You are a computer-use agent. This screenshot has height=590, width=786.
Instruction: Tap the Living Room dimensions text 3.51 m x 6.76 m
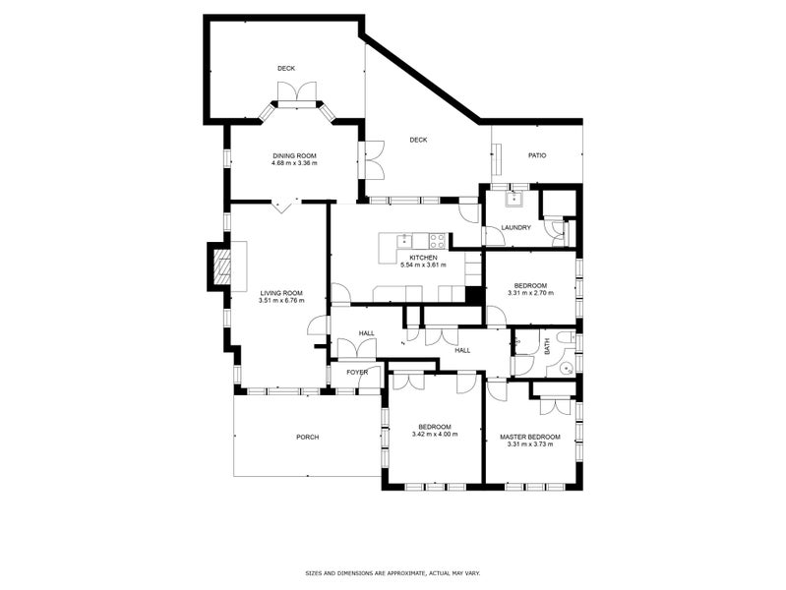[281, 300]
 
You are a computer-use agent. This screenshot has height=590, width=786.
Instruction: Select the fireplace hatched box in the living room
[222, 266]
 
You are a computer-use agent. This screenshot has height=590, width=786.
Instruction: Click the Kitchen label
[423, 258]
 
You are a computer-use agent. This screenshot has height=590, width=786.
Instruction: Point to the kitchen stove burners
[437, 241]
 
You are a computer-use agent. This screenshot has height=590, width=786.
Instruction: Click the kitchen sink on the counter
[404, 241]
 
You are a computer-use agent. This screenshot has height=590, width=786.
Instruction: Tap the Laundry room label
[515, 227]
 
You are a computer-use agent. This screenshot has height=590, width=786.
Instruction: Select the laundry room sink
[514, 199]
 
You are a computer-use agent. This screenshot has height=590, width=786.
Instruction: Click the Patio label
[537, 155]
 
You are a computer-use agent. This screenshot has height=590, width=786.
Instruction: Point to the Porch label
[307, 438]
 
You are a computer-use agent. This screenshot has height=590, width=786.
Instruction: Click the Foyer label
[357, 372]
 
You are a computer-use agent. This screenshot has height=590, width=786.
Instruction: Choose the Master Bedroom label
[530, 438]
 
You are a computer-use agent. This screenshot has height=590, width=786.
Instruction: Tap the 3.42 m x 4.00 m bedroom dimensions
[435, 434]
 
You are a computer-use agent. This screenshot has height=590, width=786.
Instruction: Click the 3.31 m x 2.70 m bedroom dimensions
[530, 293]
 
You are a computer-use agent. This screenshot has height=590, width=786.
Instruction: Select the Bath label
[546, 345]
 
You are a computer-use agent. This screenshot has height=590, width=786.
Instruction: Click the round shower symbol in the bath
[568, 370]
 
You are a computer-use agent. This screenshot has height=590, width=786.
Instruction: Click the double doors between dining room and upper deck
[297, 92]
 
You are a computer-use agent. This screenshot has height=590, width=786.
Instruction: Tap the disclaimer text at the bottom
[393, 572]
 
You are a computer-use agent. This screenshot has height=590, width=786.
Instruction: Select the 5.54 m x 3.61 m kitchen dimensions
[423, 265]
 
